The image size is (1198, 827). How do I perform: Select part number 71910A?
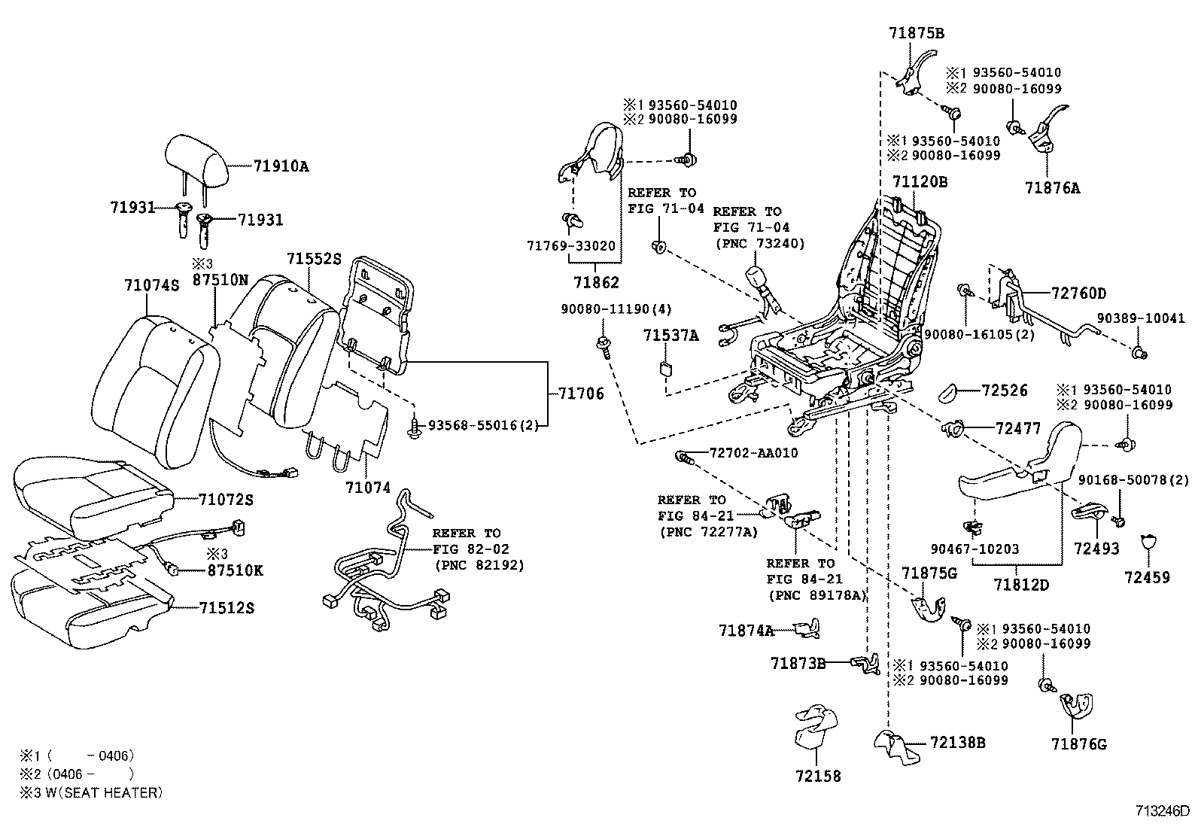point(281,166)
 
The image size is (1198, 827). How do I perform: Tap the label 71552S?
point(313,258)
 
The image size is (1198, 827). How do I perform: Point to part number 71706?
point(581,394)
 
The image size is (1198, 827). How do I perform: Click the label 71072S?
point(226,499)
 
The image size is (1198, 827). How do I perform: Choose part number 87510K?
point(235,570)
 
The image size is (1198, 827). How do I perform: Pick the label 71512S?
point(226,607)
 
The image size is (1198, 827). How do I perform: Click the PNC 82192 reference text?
point(479,564)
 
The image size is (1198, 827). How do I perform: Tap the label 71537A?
point(670,336)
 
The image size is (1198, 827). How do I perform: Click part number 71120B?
point(920,181)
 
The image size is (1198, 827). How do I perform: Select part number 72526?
point(1005,391)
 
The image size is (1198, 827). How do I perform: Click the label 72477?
point(1017,429)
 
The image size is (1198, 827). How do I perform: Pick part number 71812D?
point(1020,584)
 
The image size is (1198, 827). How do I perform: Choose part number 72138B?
point(957,743)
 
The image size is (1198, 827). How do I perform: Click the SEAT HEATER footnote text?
point(91,792)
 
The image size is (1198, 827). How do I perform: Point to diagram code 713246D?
point(1163,812)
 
